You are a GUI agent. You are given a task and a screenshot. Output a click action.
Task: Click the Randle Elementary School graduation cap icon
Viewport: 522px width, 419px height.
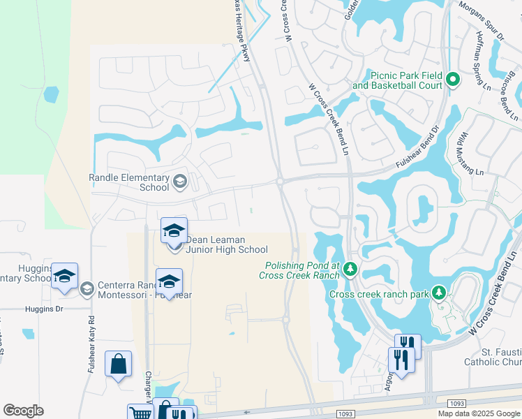click(x=179, y=182)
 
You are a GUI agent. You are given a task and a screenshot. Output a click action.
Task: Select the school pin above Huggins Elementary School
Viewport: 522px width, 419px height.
click(x=64, y=276)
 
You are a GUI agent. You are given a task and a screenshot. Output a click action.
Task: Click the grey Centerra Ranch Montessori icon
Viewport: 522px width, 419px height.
click(x=87, y=288)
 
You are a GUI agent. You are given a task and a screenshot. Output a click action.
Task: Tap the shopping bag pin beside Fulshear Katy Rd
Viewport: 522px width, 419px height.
click(x=118, y=364)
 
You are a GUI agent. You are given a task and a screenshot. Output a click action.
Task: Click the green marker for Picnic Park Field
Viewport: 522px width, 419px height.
click(x=452, y=80)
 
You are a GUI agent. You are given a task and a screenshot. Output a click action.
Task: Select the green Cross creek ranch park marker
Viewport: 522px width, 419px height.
click(x=438, y=293)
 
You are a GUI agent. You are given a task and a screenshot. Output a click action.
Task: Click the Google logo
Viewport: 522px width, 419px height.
click(x=24, y=411)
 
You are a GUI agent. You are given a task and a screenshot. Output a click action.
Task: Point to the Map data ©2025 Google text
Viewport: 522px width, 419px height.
click(x=479, y=413)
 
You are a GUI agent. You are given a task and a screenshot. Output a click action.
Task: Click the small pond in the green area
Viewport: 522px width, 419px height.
click(x=50, y=94)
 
